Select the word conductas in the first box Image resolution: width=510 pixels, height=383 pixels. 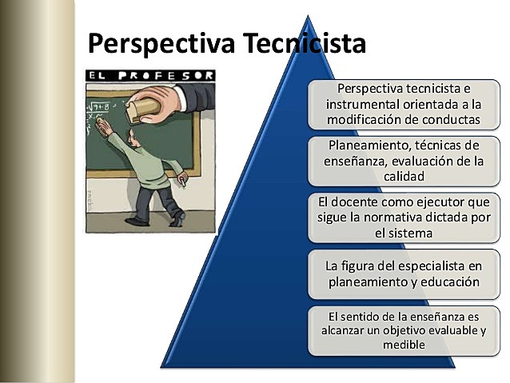pyautogui.click(x=444, y=120)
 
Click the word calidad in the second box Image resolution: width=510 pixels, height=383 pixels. pyautogui.click(x=409, y=175)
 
